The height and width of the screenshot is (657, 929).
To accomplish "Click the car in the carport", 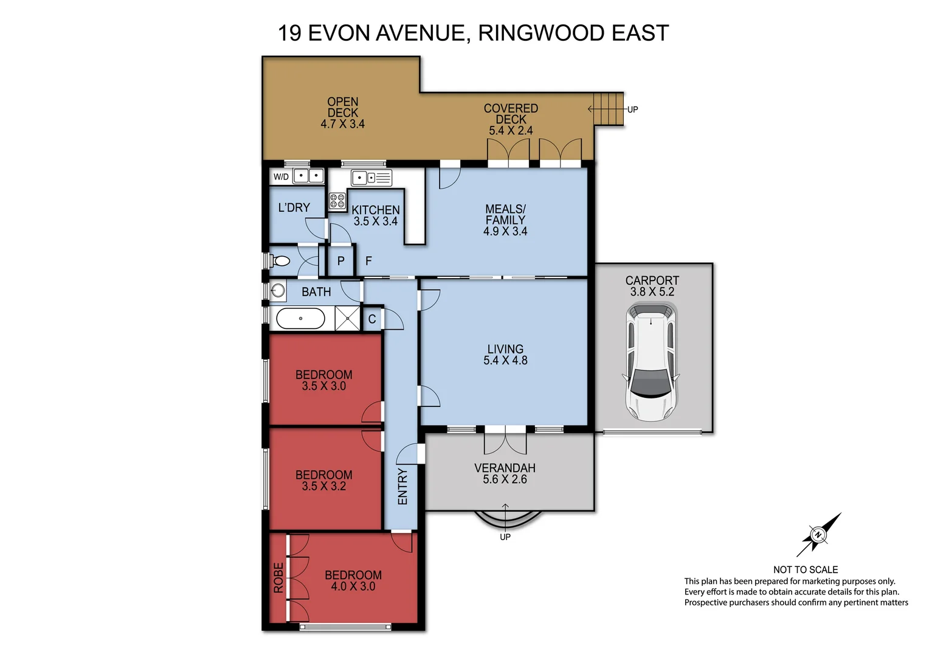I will (651, 363).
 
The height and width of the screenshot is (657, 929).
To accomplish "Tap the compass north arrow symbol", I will (819, 535).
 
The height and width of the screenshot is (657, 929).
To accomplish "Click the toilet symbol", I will (280, 261).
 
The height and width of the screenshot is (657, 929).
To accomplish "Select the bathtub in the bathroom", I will (300, 318).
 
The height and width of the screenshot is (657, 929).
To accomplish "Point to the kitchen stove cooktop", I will (337, 201).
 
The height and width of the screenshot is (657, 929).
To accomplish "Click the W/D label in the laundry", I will (281, 177).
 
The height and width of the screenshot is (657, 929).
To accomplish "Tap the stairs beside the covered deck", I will (609, 109).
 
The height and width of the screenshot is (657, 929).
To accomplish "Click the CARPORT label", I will (652, 280).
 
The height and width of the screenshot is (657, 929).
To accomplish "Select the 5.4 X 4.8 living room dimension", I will (505, 360).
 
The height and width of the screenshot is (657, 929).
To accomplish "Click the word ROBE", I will (278, 577).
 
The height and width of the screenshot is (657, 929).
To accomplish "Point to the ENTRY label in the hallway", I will (402, 486).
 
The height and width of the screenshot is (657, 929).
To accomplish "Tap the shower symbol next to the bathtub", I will (348, 318).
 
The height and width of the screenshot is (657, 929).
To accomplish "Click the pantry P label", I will (341, 261).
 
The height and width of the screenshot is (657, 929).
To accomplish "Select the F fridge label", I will (368, 261).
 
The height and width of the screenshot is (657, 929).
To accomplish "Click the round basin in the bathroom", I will (278, 290).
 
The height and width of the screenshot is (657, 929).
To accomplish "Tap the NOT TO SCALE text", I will (805, 569).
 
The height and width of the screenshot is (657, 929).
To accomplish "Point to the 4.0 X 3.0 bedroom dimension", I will (353, 586).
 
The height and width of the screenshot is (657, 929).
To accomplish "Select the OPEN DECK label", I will (343, 107).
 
